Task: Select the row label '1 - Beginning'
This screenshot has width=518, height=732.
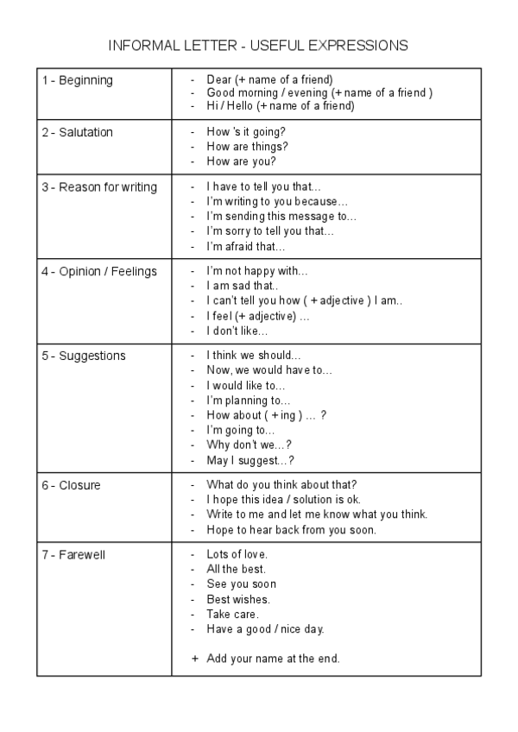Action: click(x=78, y=80)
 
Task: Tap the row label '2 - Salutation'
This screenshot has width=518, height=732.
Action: click(x=78, y=132)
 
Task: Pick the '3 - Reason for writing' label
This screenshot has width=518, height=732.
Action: click(x=99, y=187)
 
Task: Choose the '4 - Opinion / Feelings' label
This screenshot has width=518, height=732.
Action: click(x=99, y=271)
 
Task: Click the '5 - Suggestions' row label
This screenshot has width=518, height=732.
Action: click(x=84, y=356)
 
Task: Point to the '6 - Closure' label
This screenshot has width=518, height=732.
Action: click(x=71, y=485)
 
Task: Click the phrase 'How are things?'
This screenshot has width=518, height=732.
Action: click(x=247, y=147)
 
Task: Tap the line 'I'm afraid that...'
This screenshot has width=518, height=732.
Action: click(x=245, y=246)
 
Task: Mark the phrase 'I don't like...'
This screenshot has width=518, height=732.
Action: click(x=237, y=331)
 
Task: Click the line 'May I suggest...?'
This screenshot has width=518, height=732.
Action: click(x=250, y=460)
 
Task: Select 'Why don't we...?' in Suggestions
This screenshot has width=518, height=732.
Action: click(x=250, y=445)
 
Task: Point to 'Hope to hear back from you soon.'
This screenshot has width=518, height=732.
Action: click(x=291, y=530)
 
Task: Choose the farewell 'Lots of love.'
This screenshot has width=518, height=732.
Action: click(x=237, y=554)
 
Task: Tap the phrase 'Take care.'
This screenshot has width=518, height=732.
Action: click(x=232, y=614)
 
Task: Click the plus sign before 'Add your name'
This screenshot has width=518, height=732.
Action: click(x=194, y=659)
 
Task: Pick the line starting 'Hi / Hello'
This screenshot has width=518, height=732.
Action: click(x=281, y=106)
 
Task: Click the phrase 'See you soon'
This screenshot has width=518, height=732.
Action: click(x=242, y=584)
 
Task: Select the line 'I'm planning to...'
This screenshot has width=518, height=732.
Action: click(x=249, y=401)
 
